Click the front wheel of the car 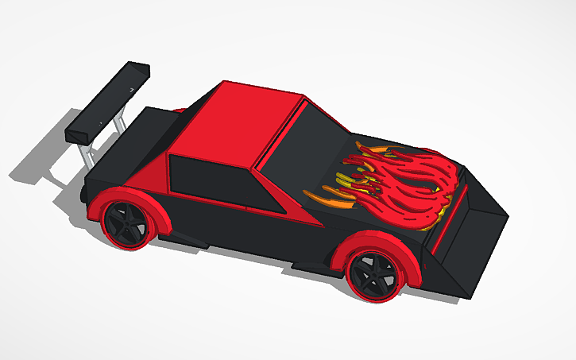(x=371, y=275)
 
